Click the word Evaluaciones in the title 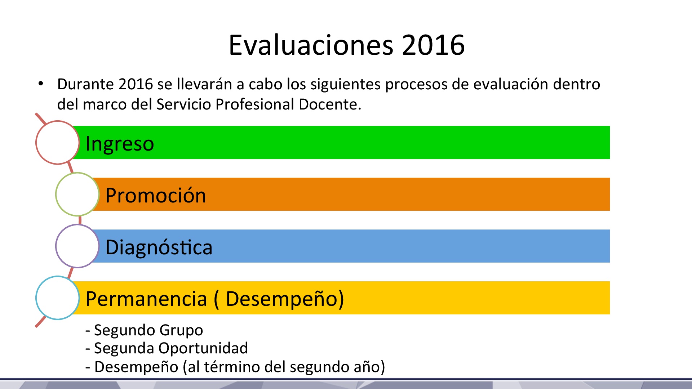[x=311, y=45]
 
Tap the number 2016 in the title [x=433, y=45]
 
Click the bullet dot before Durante [x=41, y=84]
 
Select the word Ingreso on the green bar [x=120, y=144]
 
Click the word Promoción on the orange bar [x=156, y=196]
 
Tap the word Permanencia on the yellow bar [x=146, y=299]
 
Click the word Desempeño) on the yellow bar [x=285, y=299]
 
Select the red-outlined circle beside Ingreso [x=57, y=121]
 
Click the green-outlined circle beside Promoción [x=77, y=173]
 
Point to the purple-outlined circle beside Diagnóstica [x=77, y=225]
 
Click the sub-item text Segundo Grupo [x=148, y=330]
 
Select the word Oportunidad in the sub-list [x=203, y=348]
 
